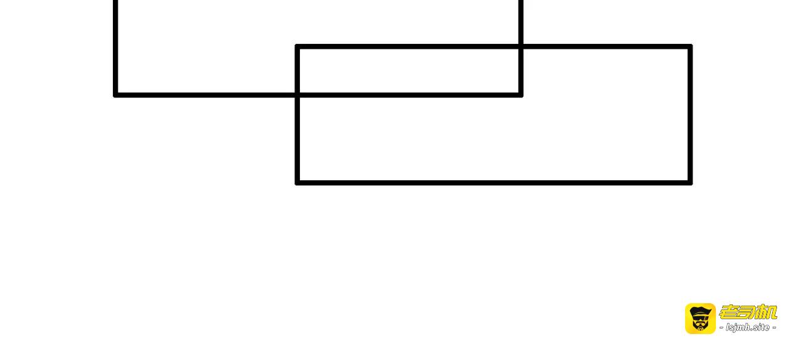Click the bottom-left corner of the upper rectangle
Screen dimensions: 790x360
point(115,95)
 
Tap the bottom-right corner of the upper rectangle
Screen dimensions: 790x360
point(520,95)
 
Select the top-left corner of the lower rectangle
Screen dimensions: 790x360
point(297,46)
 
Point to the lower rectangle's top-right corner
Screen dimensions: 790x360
point(690,46)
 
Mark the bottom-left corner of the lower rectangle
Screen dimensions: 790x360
point(297,183)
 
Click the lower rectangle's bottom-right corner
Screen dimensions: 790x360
point(690,183)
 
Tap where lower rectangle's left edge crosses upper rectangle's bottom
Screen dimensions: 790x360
point(297,95)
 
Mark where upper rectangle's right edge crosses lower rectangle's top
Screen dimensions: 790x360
point(520,46)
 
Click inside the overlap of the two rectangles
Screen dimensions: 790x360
point(409,70)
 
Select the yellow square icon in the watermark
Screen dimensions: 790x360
point(701,319)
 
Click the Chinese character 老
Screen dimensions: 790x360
point(729,312)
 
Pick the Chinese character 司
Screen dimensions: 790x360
point(748,312)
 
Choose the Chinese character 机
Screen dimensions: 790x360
point(767,312)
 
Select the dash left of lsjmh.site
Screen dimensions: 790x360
point(721,327)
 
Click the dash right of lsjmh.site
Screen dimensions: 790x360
point(774,327)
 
